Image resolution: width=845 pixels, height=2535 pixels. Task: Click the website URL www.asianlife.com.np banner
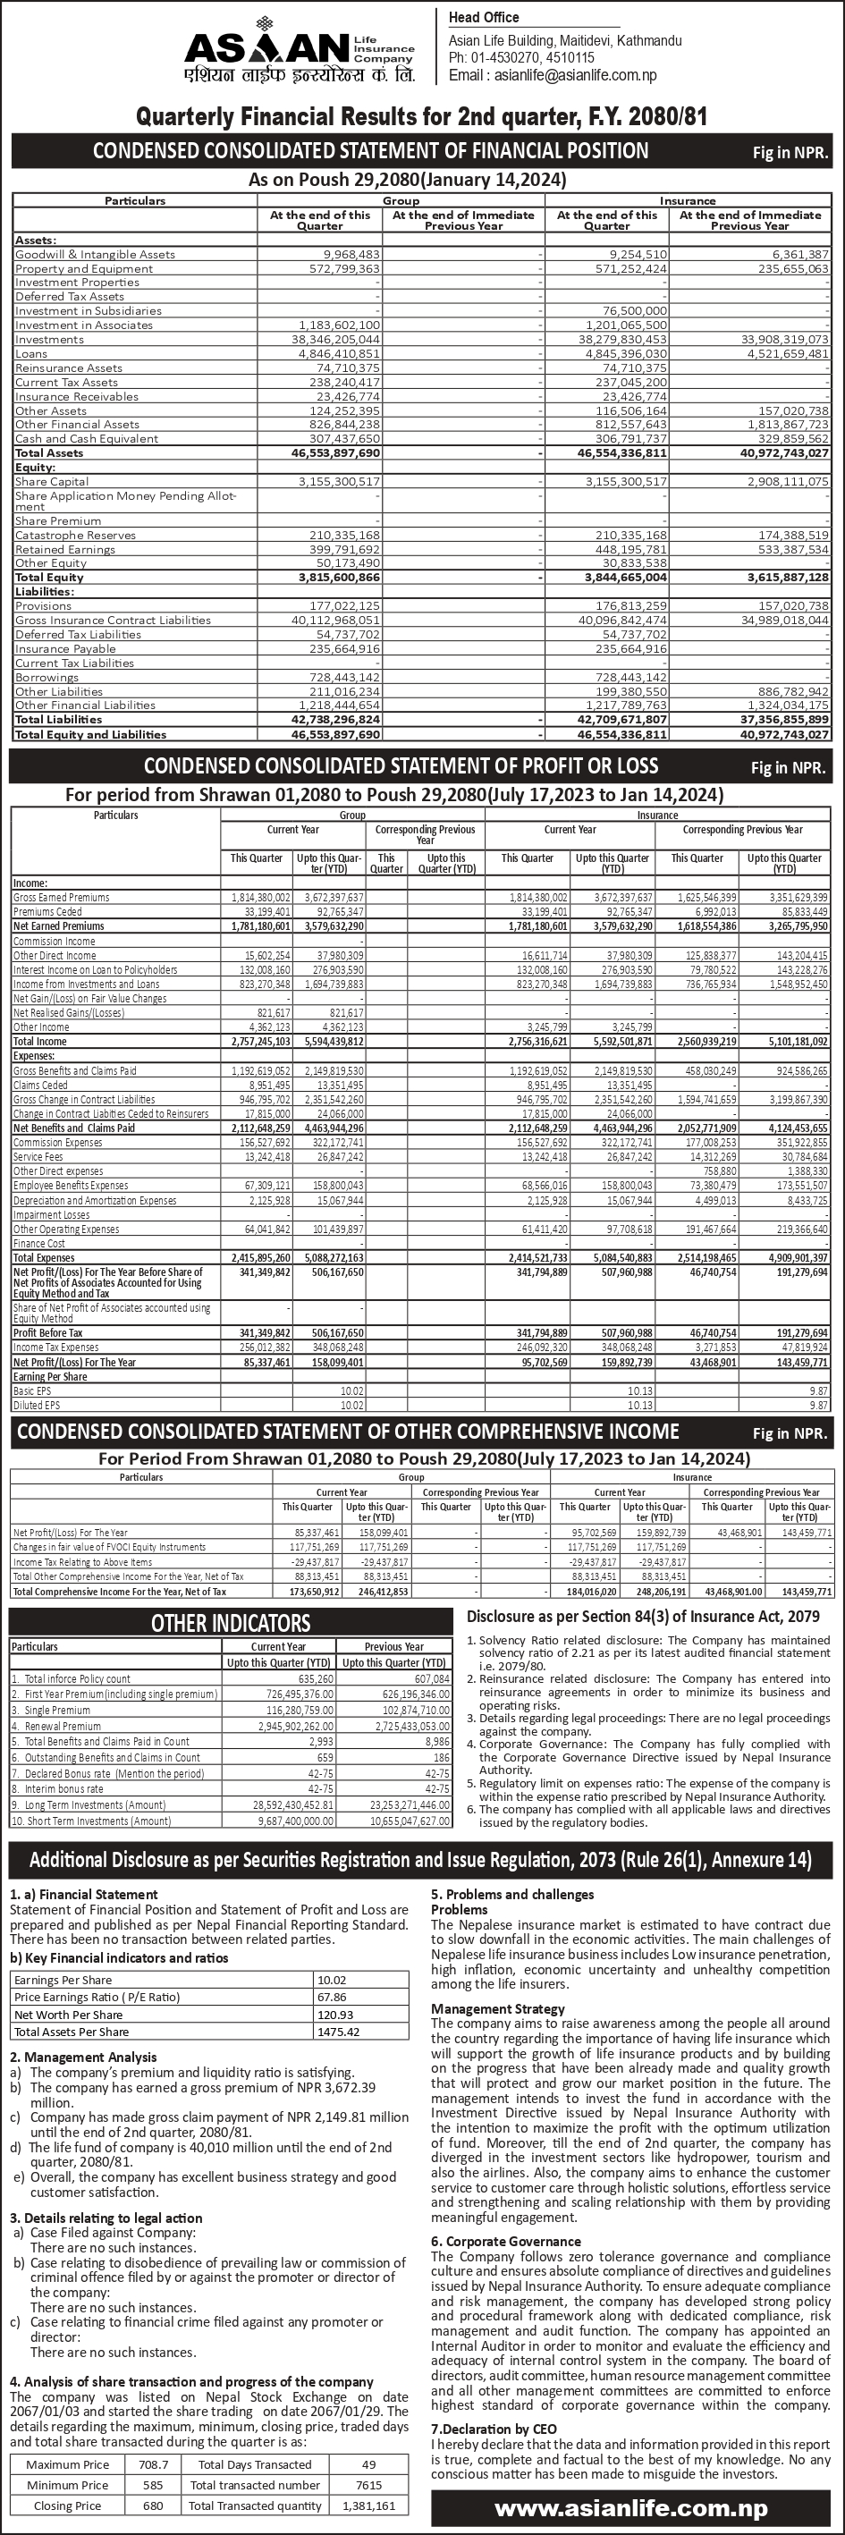pos(631,2507)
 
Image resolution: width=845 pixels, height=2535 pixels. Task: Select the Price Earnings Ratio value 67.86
pos(333,1997)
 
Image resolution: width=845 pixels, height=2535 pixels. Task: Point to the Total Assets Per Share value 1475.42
pos(338,2032)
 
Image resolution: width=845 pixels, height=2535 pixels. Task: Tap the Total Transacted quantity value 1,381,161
pos(369,2505)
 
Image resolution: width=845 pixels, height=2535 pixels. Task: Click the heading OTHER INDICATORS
pos(230,1623)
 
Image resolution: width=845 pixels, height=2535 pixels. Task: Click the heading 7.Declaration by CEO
pos(494,2429)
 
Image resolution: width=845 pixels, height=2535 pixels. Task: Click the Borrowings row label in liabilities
pos(46,677)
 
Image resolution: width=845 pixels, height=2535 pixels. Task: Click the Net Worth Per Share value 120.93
pos(335,2015)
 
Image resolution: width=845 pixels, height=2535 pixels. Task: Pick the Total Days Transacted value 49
pos(369,2464)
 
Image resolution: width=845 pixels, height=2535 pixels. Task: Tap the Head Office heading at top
pos(484,18)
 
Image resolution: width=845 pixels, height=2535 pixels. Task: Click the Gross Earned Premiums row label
pos(61,898)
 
